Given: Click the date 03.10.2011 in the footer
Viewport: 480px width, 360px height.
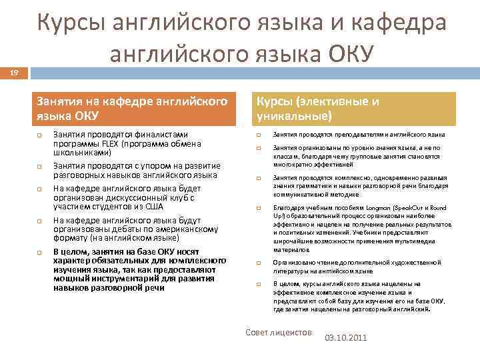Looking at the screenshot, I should [x=345, y=338].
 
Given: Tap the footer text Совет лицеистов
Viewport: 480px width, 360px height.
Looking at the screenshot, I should [x=278, y=331].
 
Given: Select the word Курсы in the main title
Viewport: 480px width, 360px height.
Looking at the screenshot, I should [x=76, y=24].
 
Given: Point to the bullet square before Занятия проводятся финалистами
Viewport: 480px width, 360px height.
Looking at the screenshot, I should [x=39, y=134].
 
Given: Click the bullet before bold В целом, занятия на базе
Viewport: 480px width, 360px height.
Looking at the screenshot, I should [x=39, y=252].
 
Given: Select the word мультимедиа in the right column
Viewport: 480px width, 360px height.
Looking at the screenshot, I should [x=421, y=241].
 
